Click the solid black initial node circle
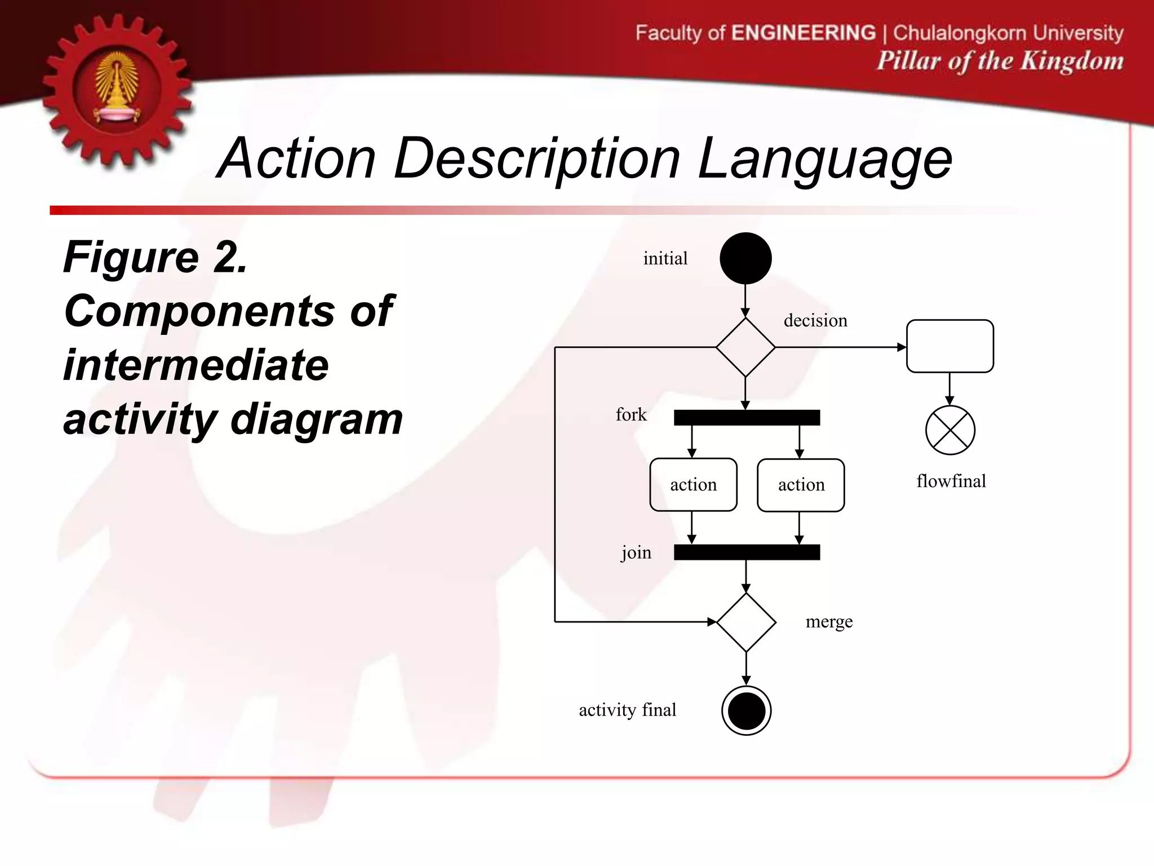[x=745, y=258]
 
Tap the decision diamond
[x=745, y=347]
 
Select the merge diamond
[x=746, y=622]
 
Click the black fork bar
[x=747, y=417]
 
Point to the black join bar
[x=747, y=552]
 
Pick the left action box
[x=693, y=485]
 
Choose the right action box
[x=801, y=485]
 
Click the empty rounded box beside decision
[x=949, y=346]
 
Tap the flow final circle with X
[x=950, y=430]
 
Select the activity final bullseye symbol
[x=746, y=710]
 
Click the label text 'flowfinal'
[x=951, y=481]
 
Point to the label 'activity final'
[x=627, y=710]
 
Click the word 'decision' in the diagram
[x=815, y=320]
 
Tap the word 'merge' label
[x=829, y=621]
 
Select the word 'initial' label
[x=665, y=258]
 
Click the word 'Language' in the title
[x=824, y=160]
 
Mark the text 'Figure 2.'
[x=156, y=257]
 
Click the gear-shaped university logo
[x=117, y=90]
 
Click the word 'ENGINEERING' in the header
[x=803, y=33]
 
